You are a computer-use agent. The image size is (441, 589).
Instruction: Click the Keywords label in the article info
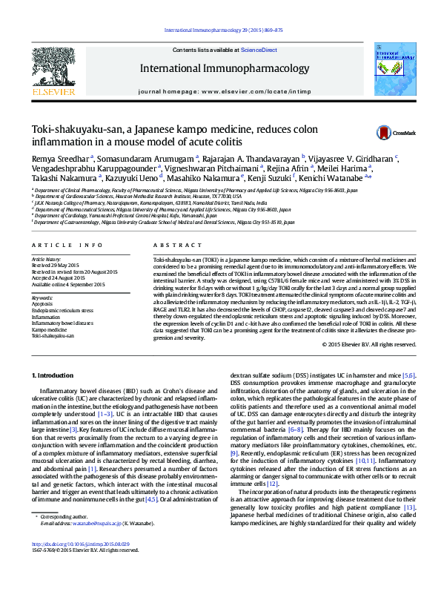point(42,297)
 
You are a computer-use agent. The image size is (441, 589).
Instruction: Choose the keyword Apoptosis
point(42,304)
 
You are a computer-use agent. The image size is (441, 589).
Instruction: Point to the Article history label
point(46,260)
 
